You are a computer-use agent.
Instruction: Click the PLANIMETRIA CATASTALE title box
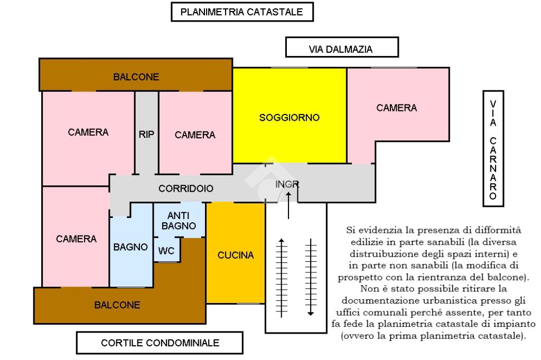point(242,12)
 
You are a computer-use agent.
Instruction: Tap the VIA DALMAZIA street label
point(341,49)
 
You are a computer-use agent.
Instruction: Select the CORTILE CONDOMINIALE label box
point(160,343)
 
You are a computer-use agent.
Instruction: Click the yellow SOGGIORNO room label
point(289,118)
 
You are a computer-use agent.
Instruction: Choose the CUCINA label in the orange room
point(236,255)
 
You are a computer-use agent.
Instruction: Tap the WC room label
point(167,250)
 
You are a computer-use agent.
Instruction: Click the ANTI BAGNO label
point(179,221)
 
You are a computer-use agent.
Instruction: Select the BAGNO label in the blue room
point(130,247)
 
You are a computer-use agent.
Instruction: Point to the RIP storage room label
point(146,134)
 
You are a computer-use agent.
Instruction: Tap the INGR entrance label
point(287,184)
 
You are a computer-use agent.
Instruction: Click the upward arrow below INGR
point(288,205)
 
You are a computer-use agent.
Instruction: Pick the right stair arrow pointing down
point(311,277)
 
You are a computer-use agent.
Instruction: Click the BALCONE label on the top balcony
point(136,77)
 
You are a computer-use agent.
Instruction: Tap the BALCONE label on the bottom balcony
point(117,305)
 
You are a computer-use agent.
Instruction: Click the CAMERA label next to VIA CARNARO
point(396,108)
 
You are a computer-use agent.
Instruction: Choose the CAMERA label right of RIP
point(195,135)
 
